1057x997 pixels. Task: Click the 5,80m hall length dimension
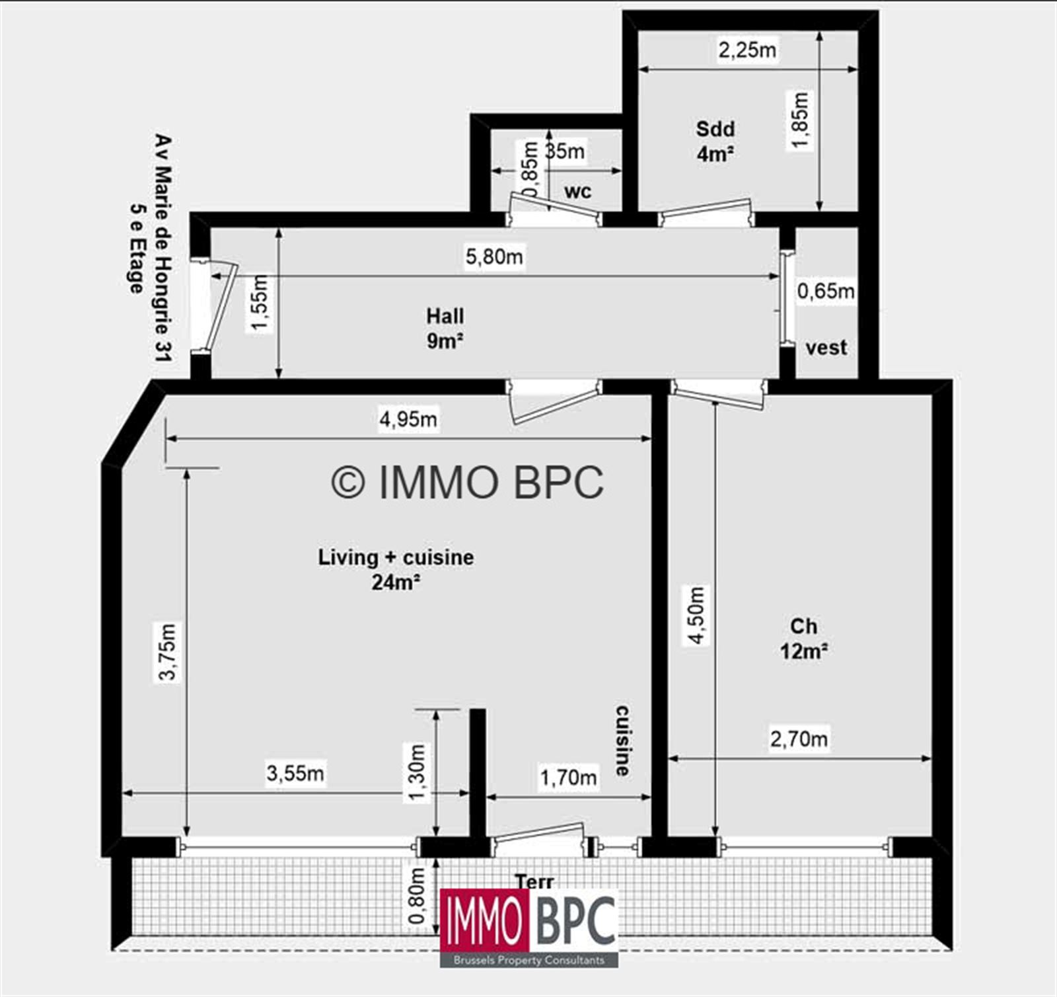[x=494, y=256]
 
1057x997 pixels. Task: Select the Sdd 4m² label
[x=715, y=141]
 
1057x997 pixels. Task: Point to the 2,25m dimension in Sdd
[x=747, y=50]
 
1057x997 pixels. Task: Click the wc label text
[x=578, y=191]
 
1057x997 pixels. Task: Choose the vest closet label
[x=826, y=347]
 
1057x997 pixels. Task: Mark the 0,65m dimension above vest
[x=825, y=291]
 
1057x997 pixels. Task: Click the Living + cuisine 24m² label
[x=396, y=569]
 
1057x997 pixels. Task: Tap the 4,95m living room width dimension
[x=408, y=419]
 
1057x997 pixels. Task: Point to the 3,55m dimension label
[x=295, y=772]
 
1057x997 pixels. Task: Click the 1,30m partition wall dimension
[x=418, y=772]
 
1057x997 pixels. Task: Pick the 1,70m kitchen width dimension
[x=568, y=778]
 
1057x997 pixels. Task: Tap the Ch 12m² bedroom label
[x=803, y=639]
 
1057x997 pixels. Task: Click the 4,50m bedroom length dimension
[x=697, y=615]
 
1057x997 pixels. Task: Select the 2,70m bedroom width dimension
[x=799, y=738]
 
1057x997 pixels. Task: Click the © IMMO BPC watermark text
[x=467, y=482]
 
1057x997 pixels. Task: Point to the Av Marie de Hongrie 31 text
[x=163, y=248]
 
